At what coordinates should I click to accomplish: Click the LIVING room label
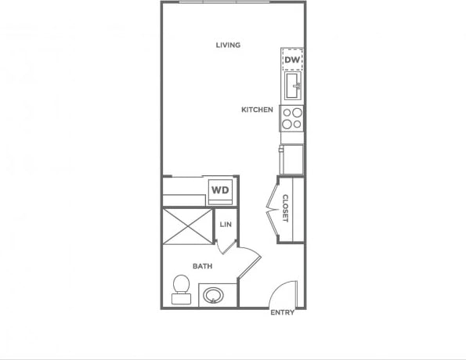click(x=228, y=45)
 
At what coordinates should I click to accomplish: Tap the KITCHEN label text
click(x=257, y=110)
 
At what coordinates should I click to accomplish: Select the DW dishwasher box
click(x=292, y=59)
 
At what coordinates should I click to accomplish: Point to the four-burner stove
click(x=292, y=117)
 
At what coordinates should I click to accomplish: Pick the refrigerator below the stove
click(x=292, y=159)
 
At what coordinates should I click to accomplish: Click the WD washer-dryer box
click(x=220, y=190)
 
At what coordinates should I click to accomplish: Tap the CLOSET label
click(x=286, y=207)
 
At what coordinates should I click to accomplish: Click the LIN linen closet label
click(x=226, y=225)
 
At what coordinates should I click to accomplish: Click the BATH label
click(x=203, y=267)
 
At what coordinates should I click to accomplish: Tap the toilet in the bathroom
click(x=181, y=288)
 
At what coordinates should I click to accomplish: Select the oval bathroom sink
click(x=212, y=296)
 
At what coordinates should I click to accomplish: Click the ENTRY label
click(x=282, y=313)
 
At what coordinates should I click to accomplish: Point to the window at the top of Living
click(x=224, y=2)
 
